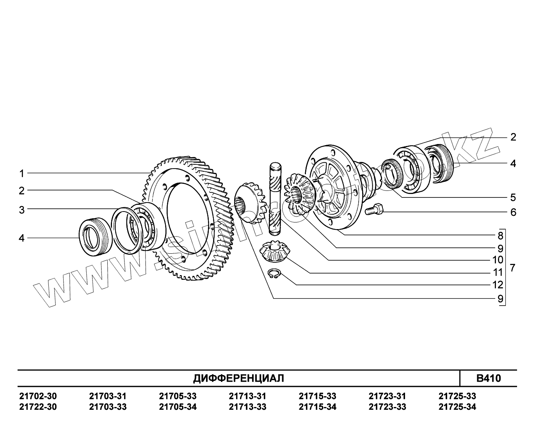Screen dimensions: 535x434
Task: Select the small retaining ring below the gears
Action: click(274, 274)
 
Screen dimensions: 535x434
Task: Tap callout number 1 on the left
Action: click(22, 173)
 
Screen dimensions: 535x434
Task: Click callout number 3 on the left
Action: click(22, 210)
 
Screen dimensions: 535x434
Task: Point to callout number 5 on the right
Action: click(513, 197)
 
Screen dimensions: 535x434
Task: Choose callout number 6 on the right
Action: click(513, 212)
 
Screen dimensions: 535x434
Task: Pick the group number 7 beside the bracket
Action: click(513, 268)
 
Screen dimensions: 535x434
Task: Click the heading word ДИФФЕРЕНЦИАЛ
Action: click(239, 378)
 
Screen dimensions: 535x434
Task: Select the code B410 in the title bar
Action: click(488, 378)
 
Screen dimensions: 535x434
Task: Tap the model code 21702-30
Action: click(38, 396)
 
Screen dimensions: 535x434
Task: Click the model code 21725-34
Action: click(457, 407)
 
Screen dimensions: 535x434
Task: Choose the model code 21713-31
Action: click(247, 396)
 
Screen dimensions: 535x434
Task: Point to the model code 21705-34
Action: click(178, 407)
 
